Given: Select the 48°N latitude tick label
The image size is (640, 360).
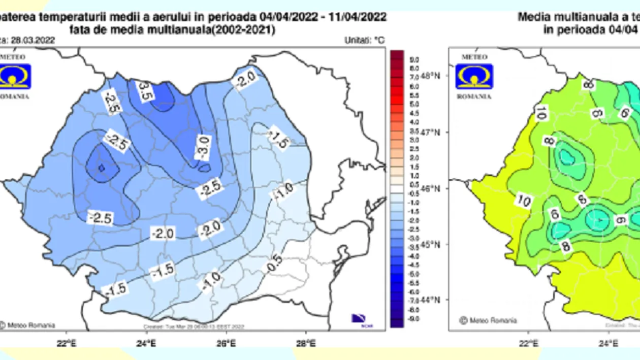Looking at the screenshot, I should click(x=430, y=76).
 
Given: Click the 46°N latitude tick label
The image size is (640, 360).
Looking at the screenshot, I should click(x=430, y=188).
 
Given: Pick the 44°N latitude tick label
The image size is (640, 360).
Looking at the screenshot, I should click(x=430, y=300).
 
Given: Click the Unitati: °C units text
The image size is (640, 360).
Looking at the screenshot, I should click(x=364, y=40).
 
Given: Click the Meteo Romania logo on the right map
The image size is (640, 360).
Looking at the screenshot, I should click(x=474, y=76).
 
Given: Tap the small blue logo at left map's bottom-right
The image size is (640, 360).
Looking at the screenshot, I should click(x=359, y=319).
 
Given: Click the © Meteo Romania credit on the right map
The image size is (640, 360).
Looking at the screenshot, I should click(x=488, y=320).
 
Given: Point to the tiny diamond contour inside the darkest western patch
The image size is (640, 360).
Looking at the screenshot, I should click(x=101, y=168).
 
